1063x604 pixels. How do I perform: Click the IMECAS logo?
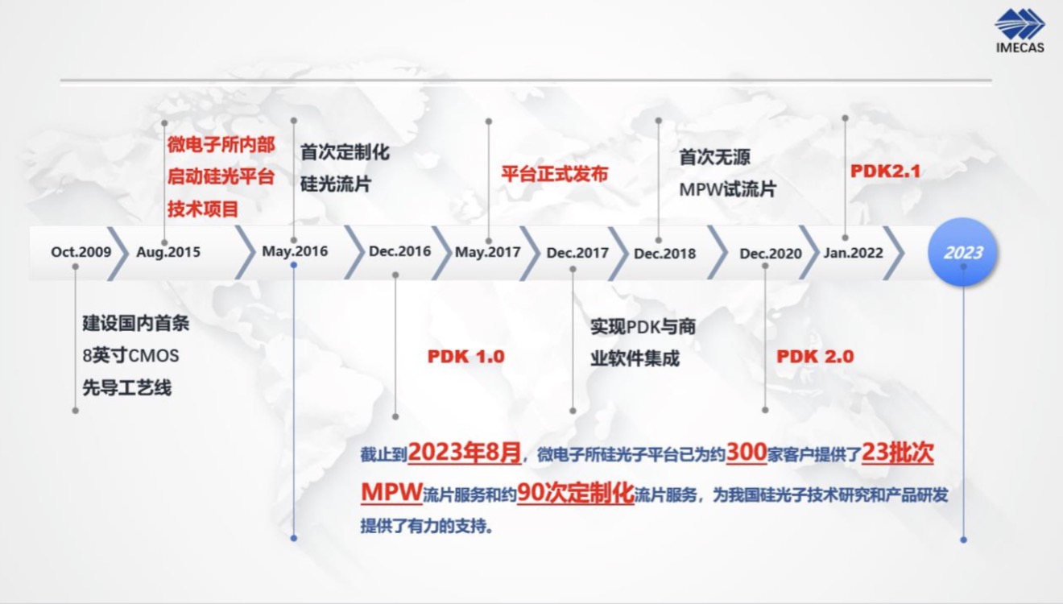tap(1020, 31)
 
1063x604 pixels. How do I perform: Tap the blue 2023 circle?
tap(962, 252)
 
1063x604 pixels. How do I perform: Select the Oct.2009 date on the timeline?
tap(81, 252)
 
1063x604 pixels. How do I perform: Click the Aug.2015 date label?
tap(168, 252)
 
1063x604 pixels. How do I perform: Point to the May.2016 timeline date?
tap(295, 251)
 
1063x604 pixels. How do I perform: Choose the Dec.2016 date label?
tap(399, 251)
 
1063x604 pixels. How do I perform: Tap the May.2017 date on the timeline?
tap(488, 252)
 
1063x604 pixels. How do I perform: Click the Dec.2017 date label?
tap(577, 253)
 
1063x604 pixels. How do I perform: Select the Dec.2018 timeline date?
tap(665, 254)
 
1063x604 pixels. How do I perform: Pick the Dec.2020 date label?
tap(771, 254)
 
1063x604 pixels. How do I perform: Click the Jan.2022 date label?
tap(854, 253)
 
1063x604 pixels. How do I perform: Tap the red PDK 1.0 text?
tap(466, 356)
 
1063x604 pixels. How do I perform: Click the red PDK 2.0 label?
tap(815, 356)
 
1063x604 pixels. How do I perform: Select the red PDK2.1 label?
tap(885, 172)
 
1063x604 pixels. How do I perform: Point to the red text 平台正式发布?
tap(555, 174)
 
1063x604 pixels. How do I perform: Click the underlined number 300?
tap(747, 452)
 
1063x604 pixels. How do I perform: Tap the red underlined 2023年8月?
tap(465, 453)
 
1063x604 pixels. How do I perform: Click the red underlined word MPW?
tap(391, 492)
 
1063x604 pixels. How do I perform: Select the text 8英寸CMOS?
tap(131, 355)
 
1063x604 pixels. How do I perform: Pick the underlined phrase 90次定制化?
tap(576, 493)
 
